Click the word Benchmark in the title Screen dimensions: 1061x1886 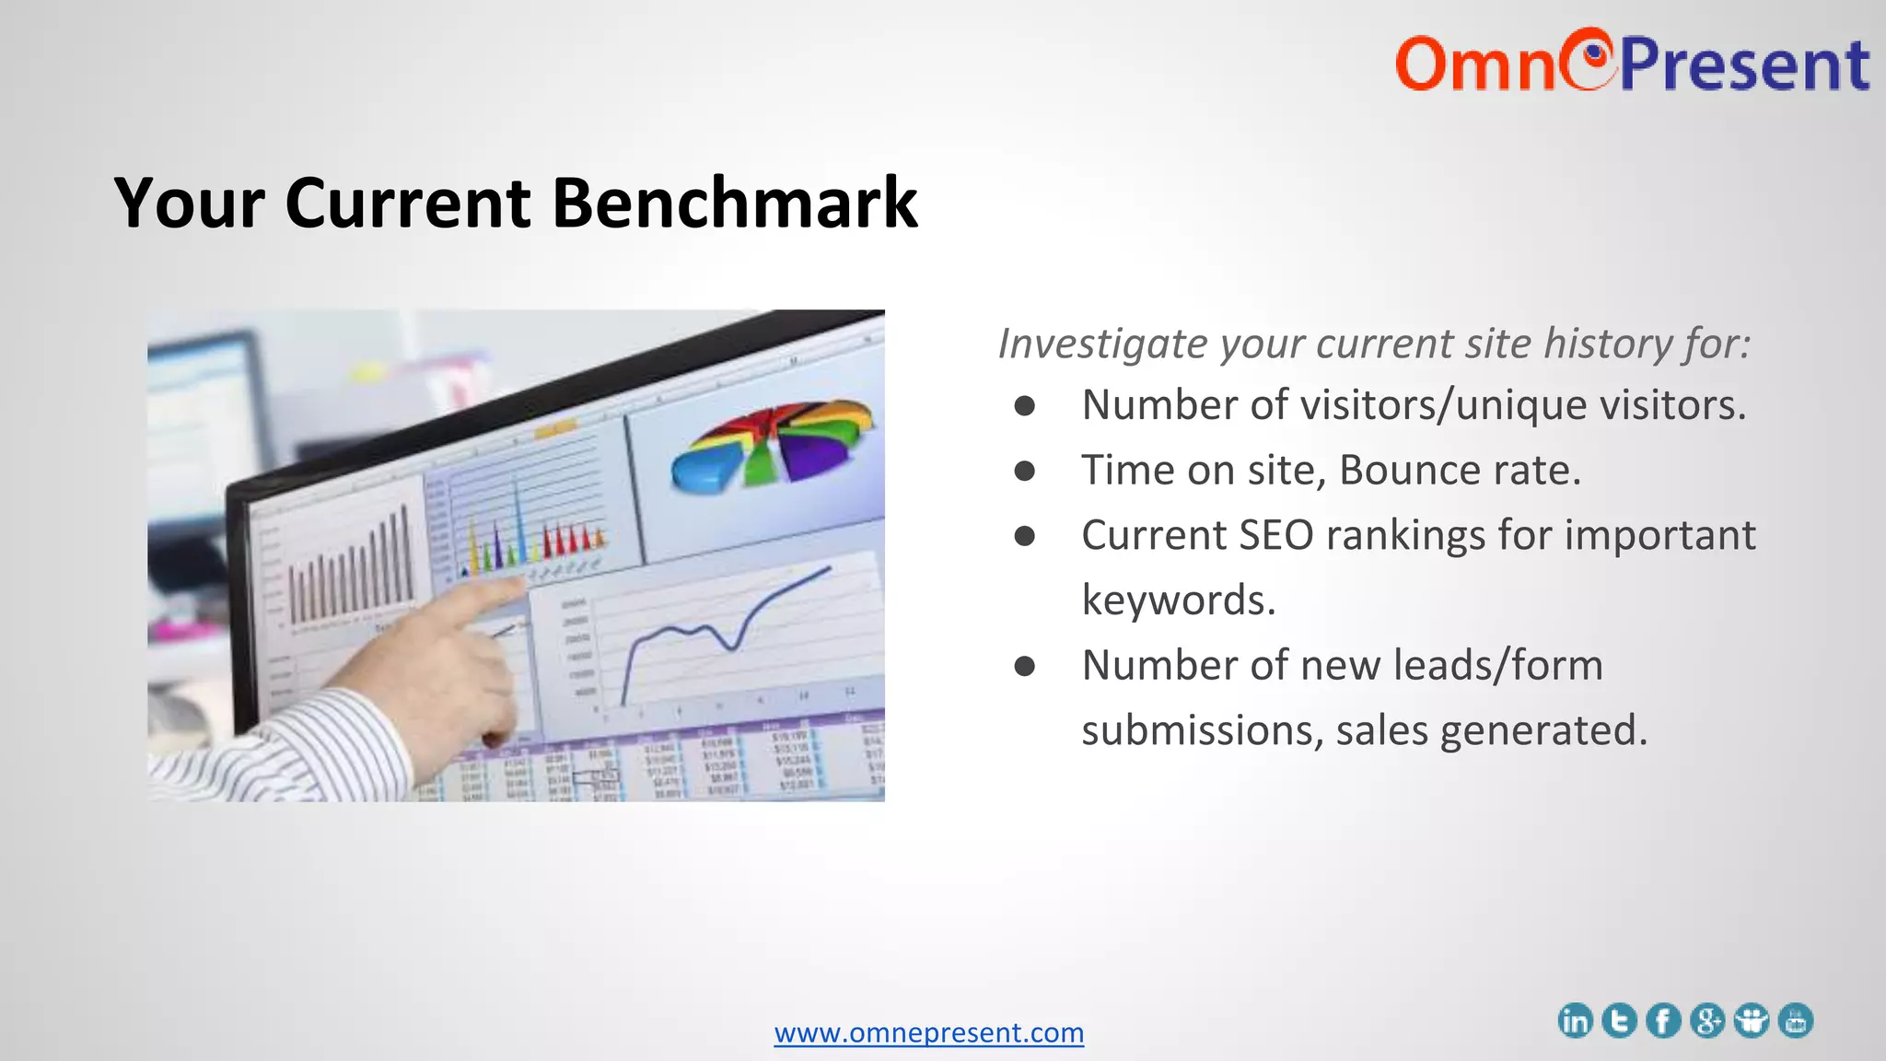734,203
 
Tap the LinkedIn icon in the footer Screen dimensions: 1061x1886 1575,1020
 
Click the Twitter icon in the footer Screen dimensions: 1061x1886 1619,1020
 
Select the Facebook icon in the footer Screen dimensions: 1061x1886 1663,1020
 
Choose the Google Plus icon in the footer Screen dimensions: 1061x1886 1707,1020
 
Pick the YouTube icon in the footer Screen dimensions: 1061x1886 1796,1020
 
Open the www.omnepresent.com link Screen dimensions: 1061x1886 928,1032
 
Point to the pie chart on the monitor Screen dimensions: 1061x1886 772,444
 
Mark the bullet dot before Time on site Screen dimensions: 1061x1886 1024,471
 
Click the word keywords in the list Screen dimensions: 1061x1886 1178,600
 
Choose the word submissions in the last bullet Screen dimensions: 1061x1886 1201,730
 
